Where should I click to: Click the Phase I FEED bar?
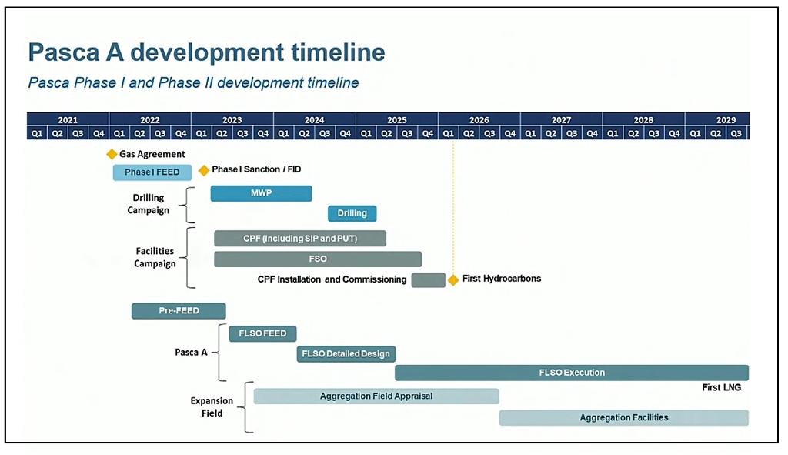coord(152,172)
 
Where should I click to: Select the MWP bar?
coord(262,193)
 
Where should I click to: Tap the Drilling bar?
coord(352,214)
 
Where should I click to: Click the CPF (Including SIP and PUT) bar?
coord(300,239)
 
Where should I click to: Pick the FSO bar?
coord(318,259)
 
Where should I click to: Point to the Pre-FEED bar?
coord(179,311)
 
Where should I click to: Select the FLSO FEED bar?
coord(262,334)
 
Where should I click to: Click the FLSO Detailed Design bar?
coord(346,354)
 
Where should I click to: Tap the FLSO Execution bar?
coord(572,373)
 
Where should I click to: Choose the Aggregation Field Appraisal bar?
coord(376,396)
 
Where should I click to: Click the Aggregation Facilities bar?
coord(623,418)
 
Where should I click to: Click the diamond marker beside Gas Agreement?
coord(112,154)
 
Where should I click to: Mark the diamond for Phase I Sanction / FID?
coord(203,170)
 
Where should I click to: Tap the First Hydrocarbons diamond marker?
coord(453,280)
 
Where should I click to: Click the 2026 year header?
coord(479,119)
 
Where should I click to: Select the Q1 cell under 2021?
coord(37,133)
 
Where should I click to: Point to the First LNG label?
coord(721,387)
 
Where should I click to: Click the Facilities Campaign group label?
coord(155,257)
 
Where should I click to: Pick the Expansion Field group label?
coord(212,406)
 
